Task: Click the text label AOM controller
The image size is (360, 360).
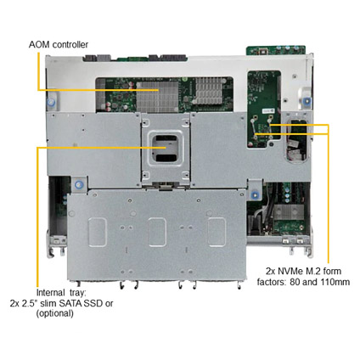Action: (x=59, y=45)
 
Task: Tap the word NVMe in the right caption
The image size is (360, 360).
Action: (x=290, y=271)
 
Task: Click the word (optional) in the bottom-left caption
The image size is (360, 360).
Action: (x=54, y=313)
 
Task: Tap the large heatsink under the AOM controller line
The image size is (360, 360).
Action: (x=157, y=96)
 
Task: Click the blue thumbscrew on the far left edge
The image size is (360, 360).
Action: (x=51, y=102)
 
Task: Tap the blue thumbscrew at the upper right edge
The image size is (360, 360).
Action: (x=307, y=100)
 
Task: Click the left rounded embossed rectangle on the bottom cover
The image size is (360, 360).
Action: (x=98, y=232)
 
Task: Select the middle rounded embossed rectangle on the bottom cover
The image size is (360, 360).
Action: (x=157, y=232)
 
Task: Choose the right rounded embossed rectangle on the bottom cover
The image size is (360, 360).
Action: (x=217, y=232)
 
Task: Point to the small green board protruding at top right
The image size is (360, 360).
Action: (x=276, y=50)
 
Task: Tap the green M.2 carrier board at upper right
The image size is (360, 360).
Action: (x=264, y=108)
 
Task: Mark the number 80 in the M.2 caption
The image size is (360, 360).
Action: (x=295, y=282)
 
